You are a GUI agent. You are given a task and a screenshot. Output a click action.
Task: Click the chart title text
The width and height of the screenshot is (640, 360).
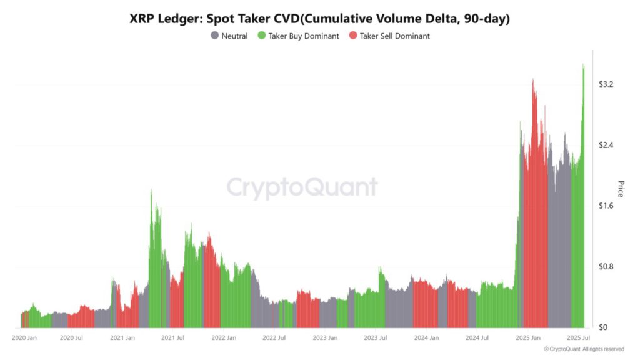tap(320, 19)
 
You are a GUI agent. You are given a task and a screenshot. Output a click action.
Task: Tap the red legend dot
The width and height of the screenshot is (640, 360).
tap(353, 36)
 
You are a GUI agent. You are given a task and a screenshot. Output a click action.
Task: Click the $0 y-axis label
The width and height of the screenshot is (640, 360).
tap(604, 327)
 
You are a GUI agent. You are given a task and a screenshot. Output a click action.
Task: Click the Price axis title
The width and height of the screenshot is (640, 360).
tap(621, 189)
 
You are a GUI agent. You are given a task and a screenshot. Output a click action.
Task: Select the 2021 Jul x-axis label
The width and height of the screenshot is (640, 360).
tap(172, 338)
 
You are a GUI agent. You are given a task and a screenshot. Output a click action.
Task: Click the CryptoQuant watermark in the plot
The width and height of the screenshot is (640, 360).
tap(302, 187)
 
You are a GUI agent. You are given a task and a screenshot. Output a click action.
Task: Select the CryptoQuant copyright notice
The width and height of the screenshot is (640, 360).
tap(584, 349)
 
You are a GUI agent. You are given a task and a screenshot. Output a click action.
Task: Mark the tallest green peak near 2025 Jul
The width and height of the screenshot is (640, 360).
tap(583, 65)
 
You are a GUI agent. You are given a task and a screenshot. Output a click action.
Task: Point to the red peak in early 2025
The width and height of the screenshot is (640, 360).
tap(533, 80)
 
